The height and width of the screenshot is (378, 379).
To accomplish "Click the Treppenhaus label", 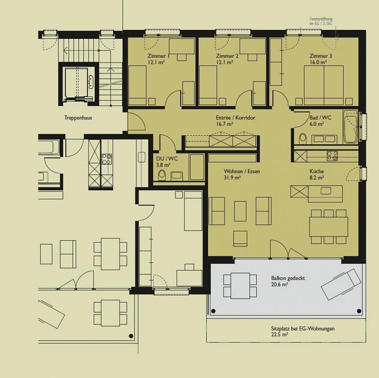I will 78,118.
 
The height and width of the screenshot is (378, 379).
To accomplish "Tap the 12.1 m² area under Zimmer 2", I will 225,62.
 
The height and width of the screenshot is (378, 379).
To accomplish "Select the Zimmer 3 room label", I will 321,56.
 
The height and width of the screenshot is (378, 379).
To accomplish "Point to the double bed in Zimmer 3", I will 324,85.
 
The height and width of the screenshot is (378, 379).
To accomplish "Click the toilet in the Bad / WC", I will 303,138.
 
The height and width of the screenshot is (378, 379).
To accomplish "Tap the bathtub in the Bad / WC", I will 350,126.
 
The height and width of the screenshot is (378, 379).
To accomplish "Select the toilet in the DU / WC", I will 162,175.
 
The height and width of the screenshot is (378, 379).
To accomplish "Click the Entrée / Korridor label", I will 235,118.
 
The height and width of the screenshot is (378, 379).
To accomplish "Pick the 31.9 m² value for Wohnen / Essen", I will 232,178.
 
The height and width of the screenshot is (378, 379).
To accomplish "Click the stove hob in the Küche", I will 332,156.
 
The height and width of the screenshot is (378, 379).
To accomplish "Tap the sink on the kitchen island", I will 326,191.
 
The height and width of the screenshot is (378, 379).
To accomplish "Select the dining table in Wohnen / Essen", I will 328,227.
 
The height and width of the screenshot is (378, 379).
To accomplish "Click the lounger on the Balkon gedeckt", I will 341,284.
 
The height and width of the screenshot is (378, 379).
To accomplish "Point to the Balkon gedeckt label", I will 288,278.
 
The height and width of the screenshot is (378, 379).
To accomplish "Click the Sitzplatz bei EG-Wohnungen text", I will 303,329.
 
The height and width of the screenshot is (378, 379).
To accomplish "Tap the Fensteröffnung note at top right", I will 321,21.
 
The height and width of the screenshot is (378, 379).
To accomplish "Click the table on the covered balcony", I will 240,286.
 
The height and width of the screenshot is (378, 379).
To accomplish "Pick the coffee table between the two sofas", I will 240,211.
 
